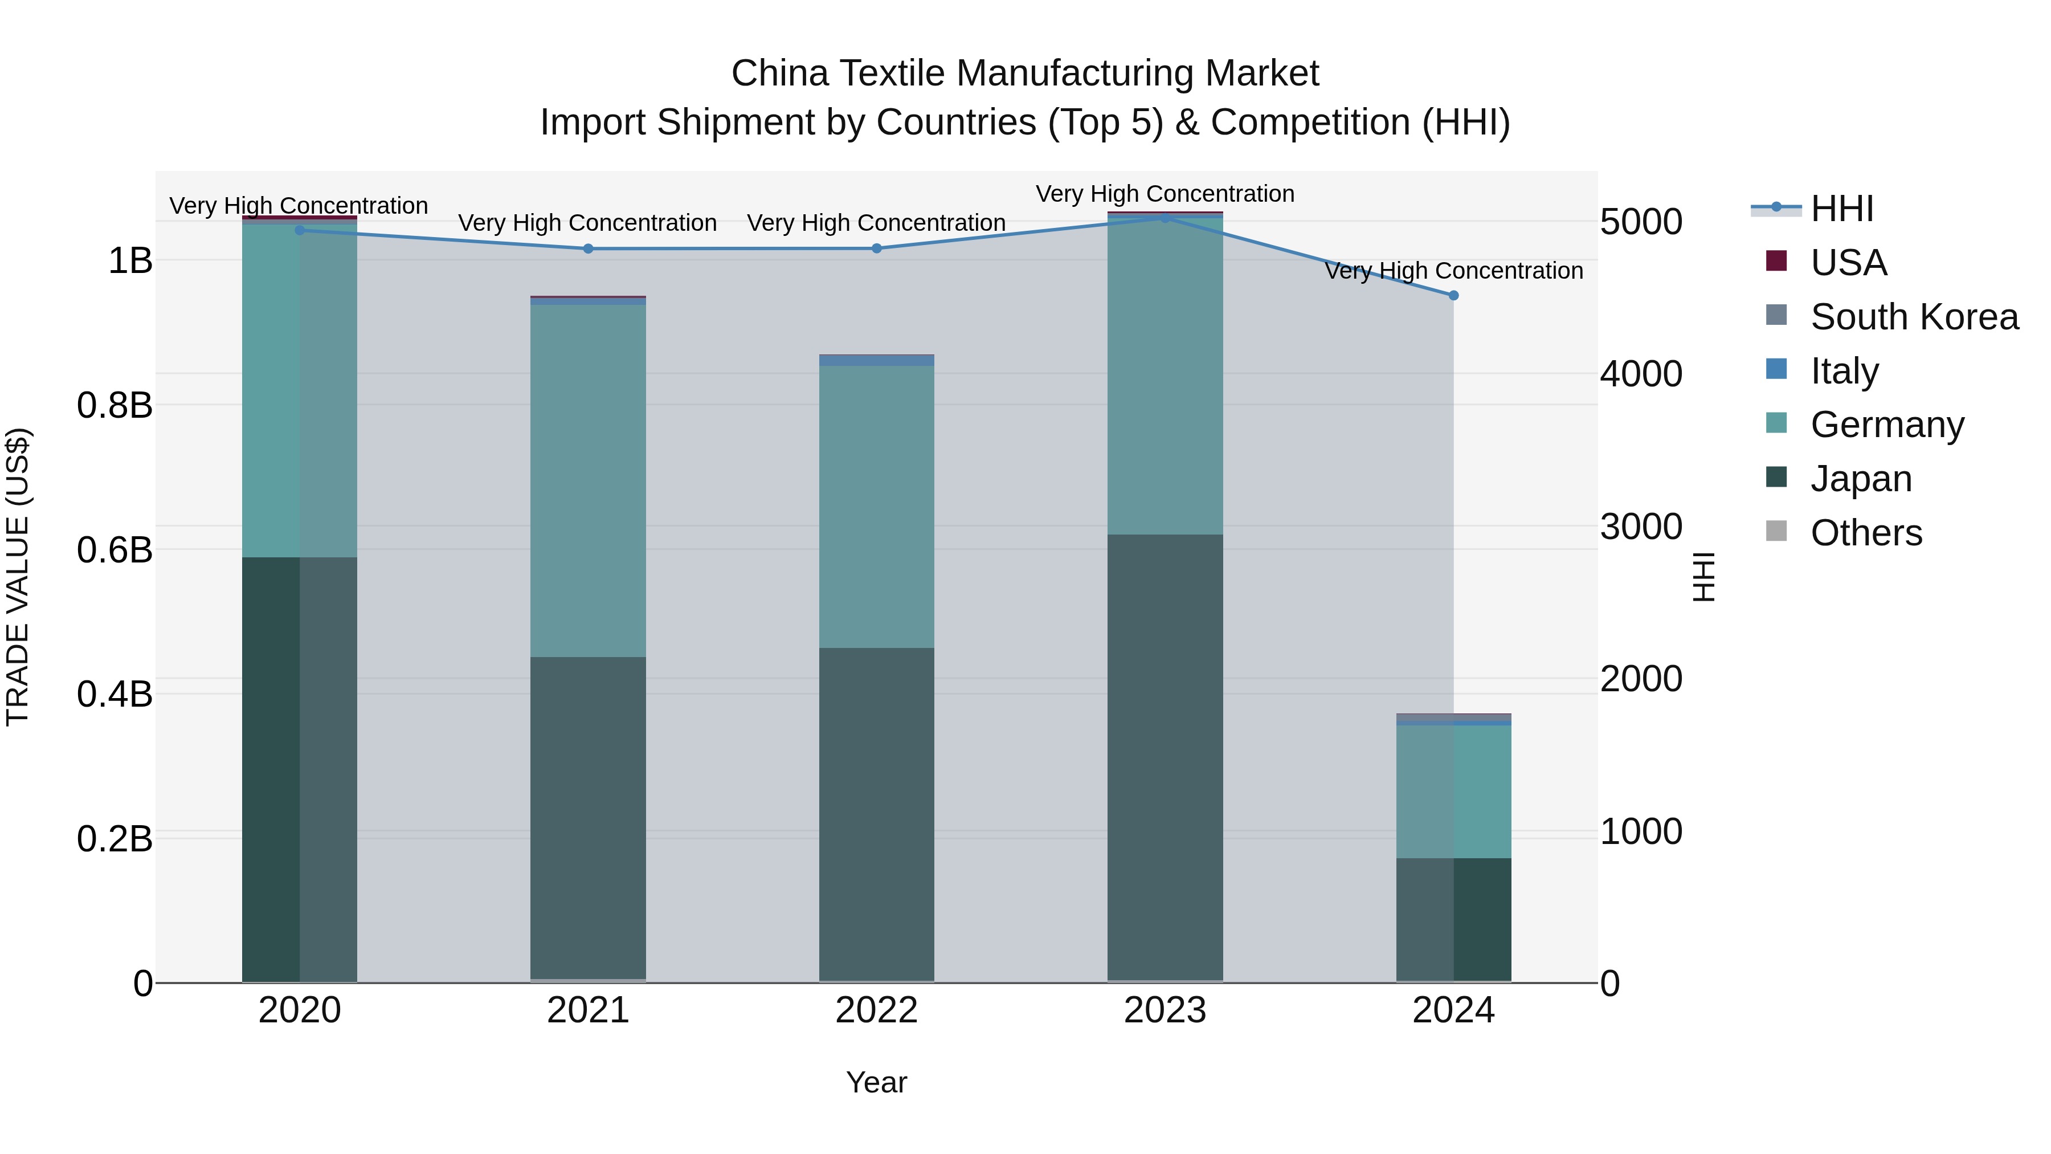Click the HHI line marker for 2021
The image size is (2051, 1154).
[x=589, y=248]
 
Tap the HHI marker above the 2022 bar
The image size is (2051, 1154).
[x=877, y=248]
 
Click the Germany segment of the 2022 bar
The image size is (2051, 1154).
[x=877, y=507]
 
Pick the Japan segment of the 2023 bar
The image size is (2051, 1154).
[x=1165, y=757]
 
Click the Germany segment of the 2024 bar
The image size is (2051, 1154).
[x=1454, y=791]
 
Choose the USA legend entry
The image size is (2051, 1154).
[x=1848, y=263]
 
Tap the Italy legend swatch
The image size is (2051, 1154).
[x=1776, y=369]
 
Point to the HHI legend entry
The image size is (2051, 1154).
[x=1841, y=209]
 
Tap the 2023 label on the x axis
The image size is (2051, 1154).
[x=1165, y=1010]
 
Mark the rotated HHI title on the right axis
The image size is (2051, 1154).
[x=1702, y=577]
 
